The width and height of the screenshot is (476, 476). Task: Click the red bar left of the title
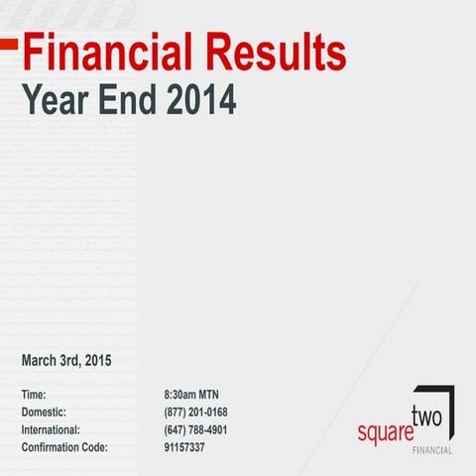pos(9,43)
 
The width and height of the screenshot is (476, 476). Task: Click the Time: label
pos(34,395)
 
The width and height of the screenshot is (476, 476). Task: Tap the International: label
pos(51,430)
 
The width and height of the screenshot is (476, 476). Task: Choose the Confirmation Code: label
pos(64,448)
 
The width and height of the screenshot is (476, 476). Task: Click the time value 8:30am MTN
pos(198,395)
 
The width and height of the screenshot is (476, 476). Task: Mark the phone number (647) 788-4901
pos(196,430)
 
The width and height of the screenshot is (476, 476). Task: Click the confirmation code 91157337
pos(184,448)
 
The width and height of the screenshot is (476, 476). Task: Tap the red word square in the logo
pos(382,434)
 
